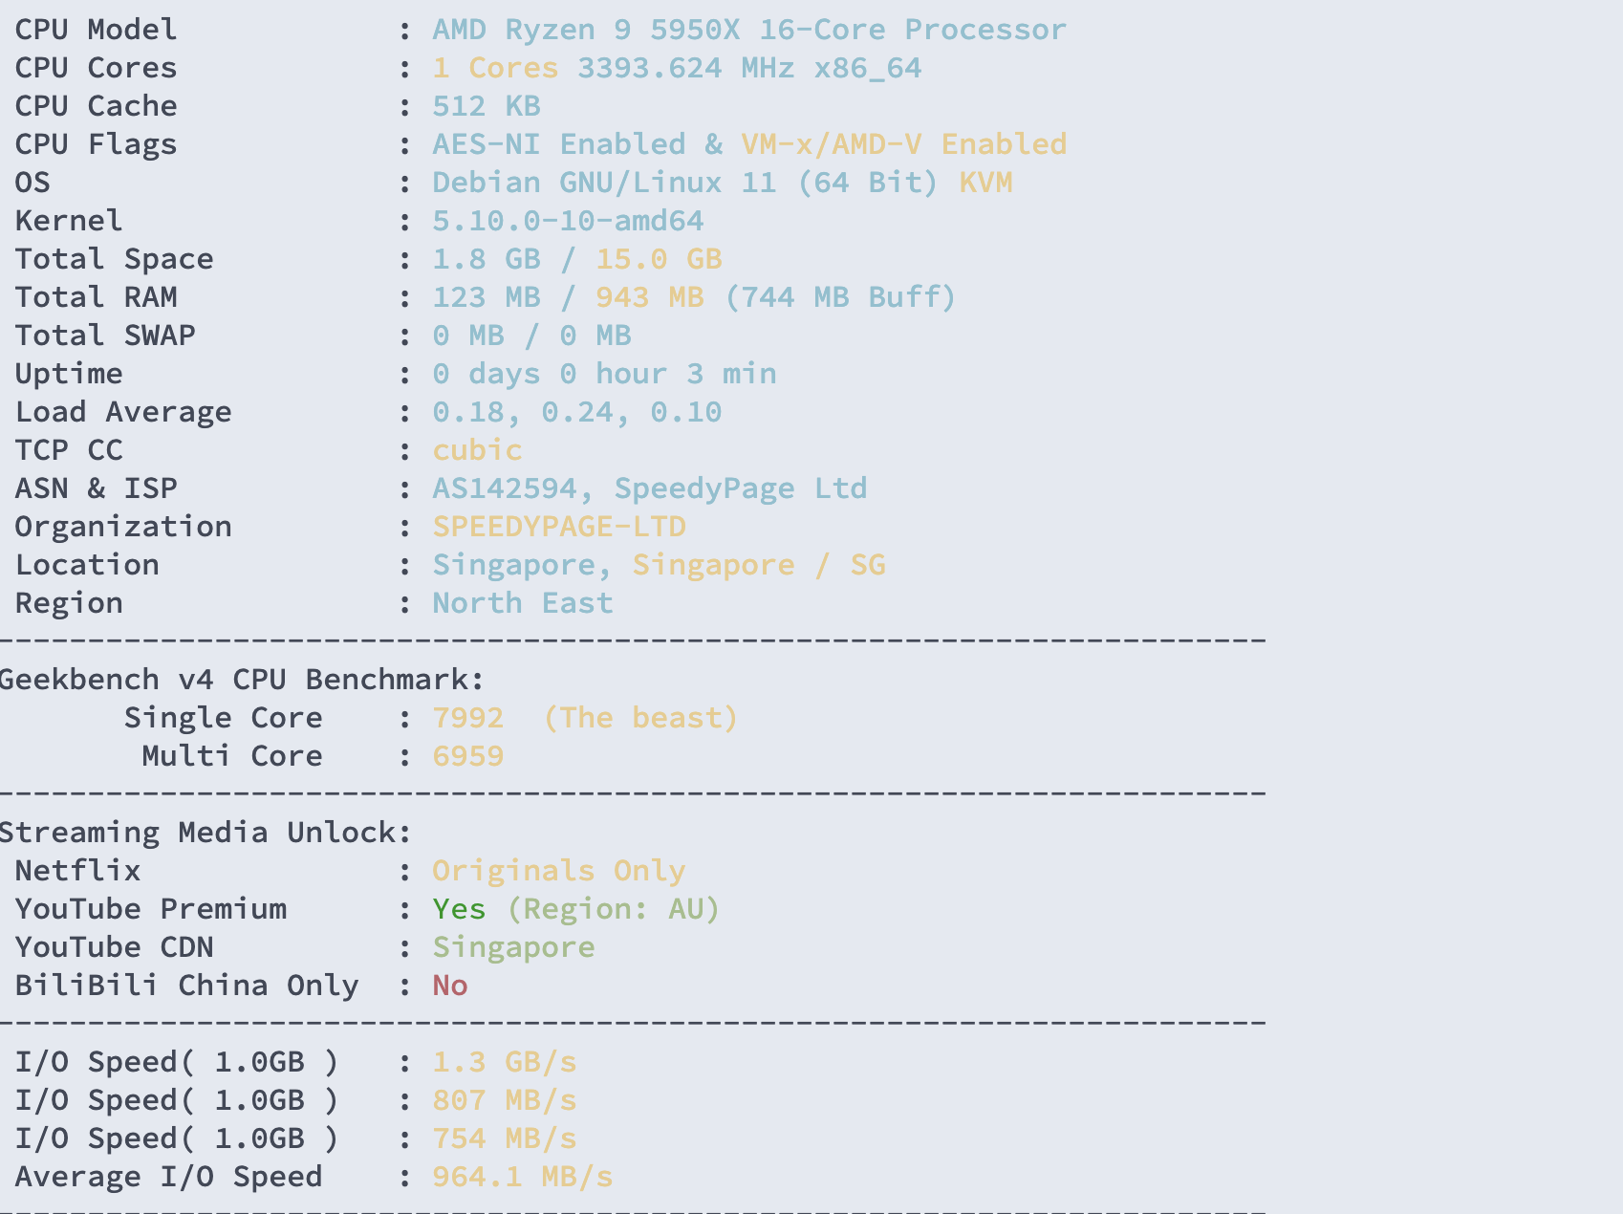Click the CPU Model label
(96, 30)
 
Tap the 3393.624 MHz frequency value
(685, 68)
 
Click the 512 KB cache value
(487, 106)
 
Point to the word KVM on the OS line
(985, 183)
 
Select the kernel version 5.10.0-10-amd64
(568, 221)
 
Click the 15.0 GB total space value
(659, 259)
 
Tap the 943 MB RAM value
(650, 297)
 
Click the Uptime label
(69, 374)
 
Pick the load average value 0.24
(577, 412)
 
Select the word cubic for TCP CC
(477, 450)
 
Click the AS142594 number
(505, 488)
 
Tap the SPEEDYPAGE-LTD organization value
(559, 527)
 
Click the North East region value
(523, 603)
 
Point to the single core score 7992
(468, 718)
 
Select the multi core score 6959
(468, 756)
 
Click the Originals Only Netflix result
(559, 871)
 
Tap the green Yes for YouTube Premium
(459, 909)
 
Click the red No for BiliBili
(450, 986)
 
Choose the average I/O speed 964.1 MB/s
(523, 1177)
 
